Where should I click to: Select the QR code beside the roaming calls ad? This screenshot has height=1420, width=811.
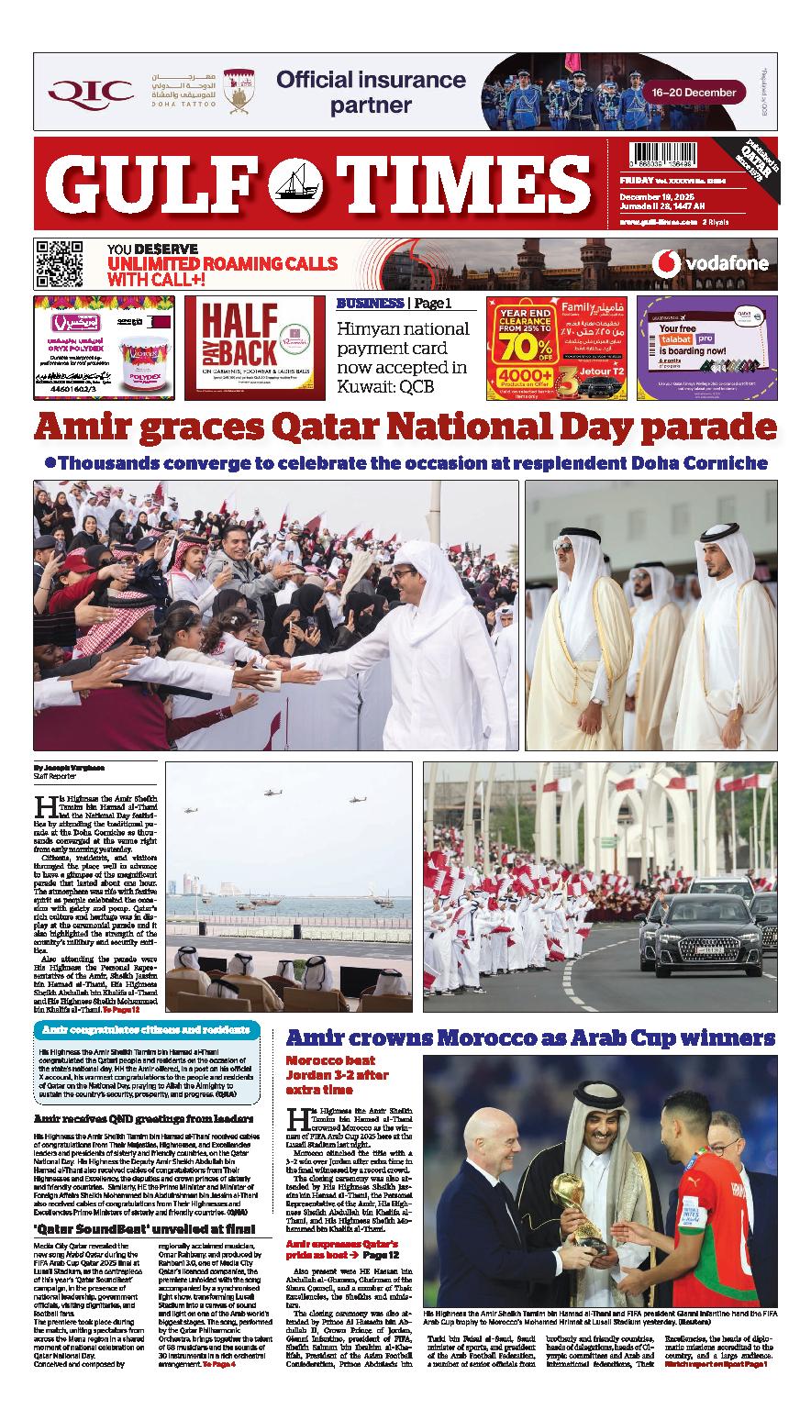tap(60, 264)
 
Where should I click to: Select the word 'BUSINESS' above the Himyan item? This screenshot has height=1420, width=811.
tap(370, 304)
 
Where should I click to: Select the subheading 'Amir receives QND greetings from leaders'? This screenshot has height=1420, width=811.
tap(145, 1118)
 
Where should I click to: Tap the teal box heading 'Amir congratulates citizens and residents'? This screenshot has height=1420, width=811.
tap(146, 1029)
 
